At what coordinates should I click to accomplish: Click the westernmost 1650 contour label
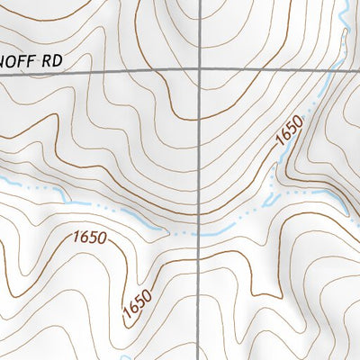coord(88,239)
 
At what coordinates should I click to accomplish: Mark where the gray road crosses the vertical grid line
coord(199,71)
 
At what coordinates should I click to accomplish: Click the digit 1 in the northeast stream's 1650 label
coord(280,147)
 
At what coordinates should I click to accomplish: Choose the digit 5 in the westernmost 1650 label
coord(94,240)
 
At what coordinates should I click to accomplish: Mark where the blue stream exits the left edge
coord(2,182)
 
